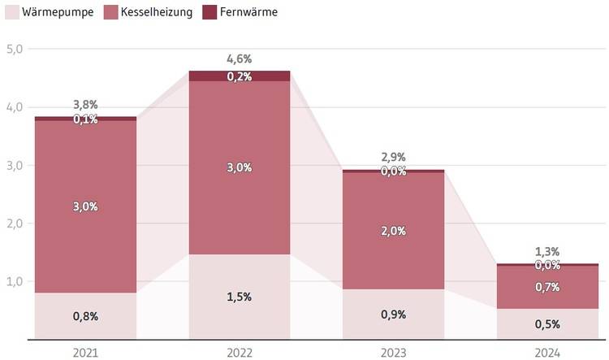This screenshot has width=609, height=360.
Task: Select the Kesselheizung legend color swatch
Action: point(110,12)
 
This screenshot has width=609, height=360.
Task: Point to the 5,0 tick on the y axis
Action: point(14,49)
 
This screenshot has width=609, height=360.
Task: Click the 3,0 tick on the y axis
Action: point(14,165)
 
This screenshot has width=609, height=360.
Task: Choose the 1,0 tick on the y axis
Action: point(14,282)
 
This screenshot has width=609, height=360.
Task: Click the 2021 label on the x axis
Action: point(85,353)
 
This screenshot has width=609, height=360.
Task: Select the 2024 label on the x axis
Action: point(548,353)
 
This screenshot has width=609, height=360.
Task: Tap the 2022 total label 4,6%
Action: point(240,59)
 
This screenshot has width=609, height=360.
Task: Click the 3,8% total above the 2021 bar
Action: point(85,105)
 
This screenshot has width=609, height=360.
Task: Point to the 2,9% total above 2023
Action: point(393,157)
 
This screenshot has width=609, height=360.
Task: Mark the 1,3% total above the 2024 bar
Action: point(547,252)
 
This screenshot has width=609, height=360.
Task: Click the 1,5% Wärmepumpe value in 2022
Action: point(240,297)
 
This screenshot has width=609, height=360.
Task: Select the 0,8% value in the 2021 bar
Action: point(85,316)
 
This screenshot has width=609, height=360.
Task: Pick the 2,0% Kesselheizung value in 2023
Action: point(393,231)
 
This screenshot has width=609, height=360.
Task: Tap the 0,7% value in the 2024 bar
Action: point(547,287)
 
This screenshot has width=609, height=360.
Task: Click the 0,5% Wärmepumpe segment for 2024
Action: point(547,323)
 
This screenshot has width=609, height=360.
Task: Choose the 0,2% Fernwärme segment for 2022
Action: point(240,76)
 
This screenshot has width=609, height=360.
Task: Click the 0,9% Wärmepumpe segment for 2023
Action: point(393,314)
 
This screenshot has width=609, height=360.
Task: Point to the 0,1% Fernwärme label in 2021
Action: point(85,119)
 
